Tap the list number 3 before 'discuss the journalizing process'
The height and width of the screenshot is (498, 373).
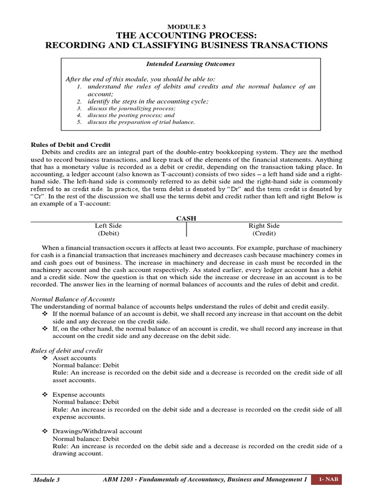[79, 108]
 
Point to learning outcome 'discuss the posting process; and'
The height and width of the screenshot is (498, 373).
[131, 115]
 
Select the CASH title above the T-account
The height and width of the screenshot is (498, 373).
[186, 219]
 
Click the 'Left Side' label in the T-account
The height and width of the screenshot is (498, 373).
[108, 226]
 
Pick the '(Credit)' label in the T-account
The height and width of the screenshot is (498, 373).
[264, 233]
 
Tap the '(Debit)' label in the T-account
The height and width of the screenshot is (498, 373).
[108, 233]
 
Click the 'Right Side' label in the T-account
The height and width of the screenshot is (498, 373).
[264, 226]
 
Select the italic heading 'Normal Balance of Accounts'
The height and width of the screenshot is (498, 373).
[73, 299]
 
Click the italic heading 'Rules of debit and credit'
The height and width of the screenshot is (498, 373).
[67, 351]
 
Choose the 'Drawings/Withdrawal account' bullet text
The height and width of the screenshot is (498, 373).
[97, 431]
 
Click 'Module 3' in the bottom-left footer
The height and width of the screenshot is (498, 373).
[46, 480]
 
